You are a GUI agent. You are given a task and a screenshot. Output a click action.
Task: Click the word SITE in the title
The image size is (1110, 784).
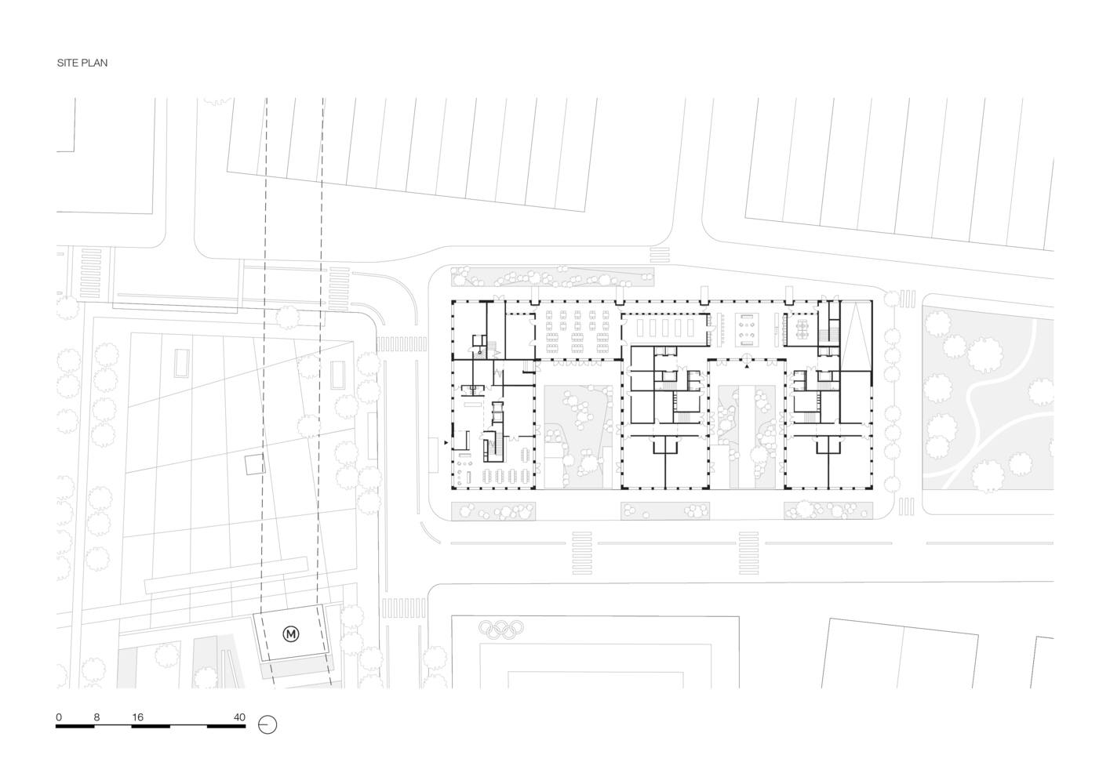pos(67,63)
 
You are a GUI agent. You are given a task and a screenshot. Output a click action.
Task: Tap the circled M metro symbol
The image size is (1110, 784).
pos(291,633)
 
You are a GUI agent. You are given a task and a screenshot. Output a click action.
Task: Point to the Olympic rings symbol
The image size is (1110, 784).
pos(501,628)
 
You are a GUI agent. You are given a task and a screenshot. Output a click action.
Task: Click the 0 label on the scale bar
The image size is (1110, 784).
pos(59,717)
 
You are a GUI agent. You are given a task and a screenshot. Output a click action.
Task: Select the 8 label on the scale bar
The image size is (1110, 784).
pos(96,717)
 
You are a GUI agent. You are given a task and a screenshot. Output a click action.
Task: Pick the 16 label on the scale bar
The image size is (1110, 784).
pos(138,717)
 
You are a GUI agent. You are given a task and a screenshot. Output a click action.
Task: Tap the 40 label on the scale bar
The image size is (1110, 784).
pos(239,717)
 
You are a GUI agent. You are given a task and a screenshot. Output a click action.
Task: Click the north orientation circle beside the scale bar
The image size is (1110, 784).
pos(267,725)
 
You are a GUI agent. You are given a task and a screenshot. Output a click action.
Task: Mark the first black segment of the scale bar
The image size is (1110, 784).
pos(75,727)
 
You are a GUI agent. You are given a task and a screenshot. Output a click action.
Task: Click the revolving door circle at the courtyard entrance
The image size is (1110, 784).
pos(747,359)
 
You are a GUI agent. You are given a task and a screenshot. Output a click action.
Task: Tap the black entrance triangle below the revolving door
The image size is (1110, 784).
pos(747,368)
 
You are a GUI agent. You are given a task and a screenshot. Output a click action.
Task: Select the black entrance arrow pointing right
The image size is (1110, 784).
pos(446,442)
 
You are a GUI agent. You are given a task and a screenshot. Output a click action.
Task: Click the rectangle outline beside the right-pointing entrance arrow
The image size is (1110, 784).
pos(434,456)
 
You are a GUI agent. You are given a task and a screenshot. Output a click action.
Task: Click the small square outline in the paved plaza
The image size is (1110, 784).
pos(255,465)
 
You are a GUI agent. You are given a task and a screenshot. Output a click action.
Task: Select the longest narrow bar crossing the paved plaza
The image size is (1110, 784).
pos(226,575)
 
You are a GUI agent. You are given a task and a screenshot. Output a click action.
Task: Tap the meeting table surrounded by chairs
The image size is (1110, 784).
pos(802,328)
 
